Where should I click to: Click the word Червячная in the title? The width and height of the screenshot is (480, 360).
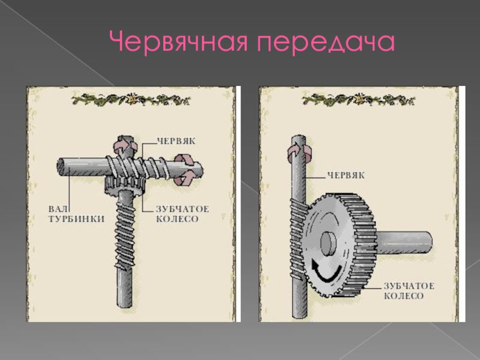tap(178, 42)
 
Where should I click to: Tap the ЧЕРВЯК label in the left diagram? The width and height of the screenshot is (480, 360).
tap(176, 141)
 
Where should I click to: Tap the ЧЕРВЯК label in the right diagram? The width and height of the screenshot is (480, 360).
tap(346, 175)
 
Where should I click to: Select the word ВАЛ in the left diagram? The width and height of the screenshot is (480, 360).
tap(58, 209)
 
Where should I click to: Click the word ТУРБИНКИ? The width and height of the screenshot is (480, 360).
tap(77, 219)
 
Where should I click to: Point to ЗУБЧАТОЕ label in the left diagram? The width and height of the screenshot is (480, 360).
tap(182, 209)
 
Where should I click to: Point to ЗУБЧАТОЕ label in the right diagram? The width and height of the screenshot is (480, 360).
tap(409, 286)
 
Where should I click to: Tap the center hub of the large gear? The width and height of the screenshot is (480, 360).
tap(328, 244)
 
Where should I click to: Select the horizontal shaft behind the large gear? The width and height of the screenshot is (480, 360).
tap(403, 242)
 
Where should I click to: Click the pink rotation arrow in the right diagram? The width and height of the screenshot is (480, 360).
tap(299, 152)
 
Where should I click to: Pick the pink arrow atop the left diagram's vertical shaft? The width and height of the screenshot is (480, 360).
tap(125, 145)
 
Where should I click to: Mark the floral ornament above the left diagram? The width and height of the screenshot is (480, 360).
tap(131, 100)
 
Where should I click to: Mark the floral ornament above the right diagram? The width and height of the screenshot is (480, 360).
tap(358, 100)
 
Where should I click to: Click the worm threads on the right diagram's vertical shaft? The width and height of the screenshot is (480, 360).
tap(298, 239)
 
